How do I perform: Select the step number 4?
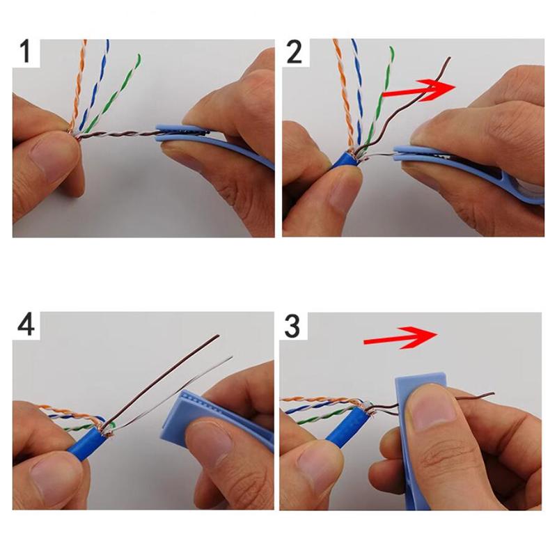point(26,326)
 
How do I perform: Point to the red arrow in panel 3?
point(400,338)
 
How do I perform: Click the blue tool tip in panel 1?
point(174,132)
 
